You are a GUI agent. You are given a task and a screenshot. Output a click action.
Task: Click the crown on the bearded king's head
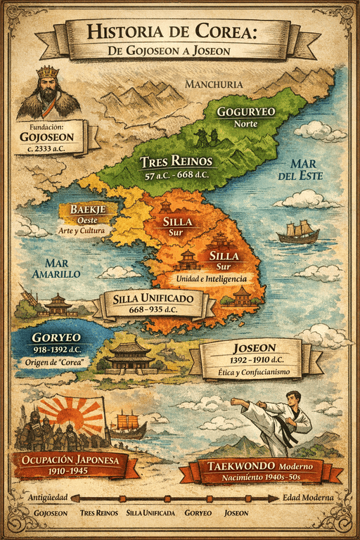click(48, 72)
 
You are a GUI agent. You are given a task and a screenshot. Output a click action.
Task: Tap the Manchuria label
click(213, 84)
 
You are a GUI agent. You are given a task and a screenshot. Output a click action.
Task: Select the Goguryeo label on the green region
click(245, 112)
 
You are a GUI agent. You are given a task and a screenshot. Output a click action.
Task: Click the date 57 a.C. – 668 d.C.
click(176, 176)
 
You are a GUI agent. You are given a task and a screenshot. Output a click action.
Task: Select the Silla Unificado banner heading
click(155, 299)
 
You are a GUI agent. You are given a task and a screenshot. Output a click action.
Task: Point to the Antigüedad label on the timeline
click(48, 498)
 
